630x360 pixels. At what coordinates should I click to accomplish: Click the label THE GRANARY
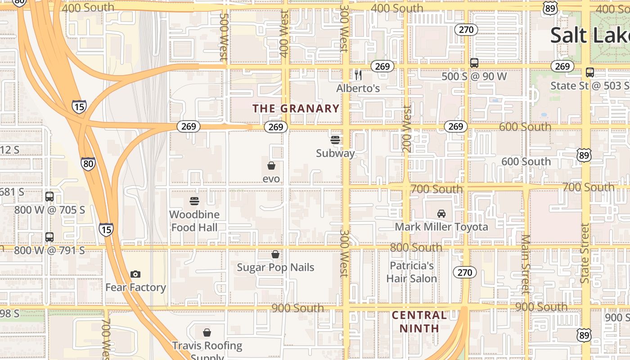[296, 108]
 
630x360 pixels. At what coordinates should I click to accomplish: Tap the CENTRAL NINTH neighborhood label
[419, 321]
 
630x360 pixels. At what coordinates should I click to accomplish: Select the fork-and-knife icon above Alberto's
[358, 75]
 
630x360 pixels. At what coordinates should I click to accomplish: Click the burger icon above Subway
[335, 140]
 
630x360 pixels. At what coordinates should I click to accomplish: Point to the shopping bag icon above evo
[271, 166]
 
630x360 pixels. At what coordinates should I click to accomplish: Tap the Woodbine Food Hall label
[194, 221]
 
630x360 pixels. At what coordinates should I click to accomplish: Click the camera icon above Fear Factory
[135, 274]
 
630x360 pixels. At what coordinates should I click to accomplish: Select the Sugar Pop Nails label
[275, 267]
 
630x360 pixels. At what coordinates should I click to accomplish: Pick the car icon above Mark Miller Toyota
[441, 214]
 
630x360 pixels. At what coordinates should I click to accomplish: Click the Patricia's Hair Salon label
[411, 272]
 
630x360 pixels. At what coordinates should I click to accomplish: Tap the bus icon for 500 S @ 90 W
[474, 63]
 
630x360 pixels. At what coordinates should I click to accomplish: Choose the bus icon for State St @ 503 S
[590, 72]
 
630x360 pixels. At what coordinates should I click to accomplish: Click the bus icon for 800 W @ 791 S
[49, 237]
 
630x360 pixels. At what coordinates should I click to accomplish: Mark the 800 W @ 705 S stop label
[49, 210]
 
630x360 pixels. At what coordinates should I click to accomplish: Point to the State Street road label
[584, 253]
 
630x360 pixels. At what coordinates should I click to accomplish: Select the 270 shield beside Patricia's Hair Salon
[465, 272]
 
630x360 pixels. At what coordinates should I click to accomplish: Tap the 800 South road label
[416, 247]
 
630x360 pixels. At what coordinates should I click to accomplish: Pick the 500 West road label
[224, 37]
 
